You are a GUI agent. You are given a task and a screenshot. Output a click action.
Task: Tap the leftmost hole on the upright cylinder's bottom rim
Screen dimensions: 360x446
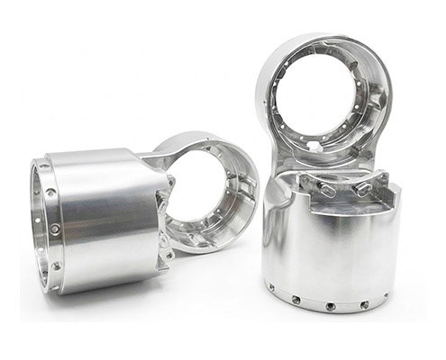pyautogui.click(x=271, y=288)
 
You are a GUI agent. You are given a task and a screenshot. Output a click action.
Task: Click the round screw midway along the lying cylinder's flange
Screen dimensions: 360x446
pyautogui.click(x=56, y=229)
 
